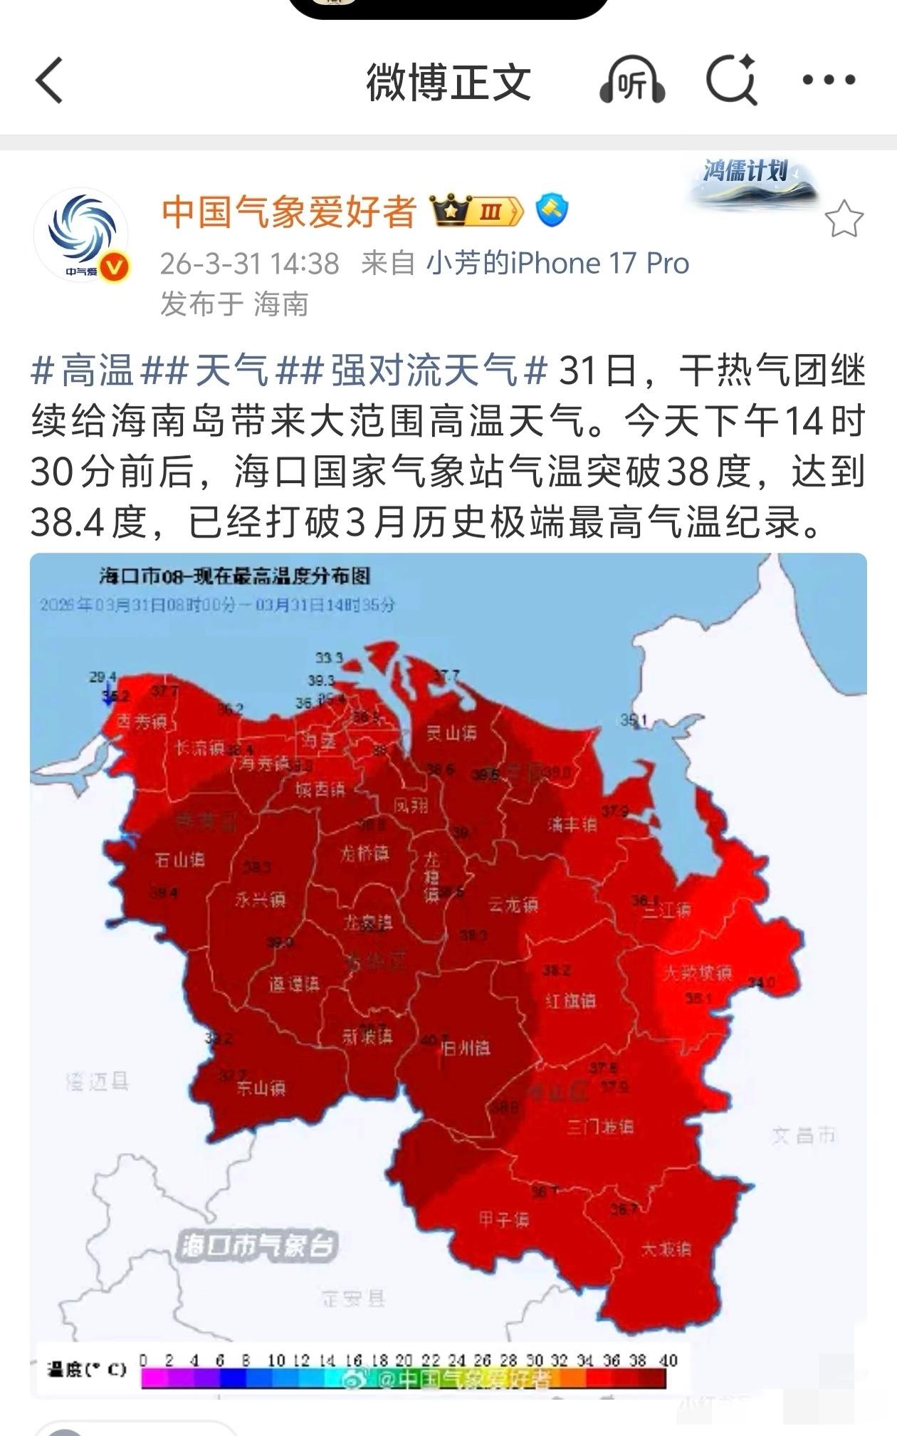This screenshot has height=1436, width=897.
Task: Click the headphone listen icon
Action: tap(632, 81)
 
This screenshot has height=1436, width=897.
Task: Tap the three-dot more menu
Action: tap(829, 80)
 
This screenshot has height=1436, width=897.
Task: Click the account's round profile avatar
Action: tap(81, 234)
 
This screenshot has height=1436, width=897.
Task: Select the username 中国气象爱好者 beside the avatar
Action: tap(288, 212)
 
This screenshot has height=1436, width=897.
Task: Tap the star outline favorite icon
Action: tap(844, 219)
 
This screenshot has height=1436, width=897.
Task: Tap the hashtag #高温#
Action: tap(83, 371)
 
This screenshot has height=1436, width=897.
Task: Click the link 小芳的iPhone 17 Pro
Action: tap(557, 264)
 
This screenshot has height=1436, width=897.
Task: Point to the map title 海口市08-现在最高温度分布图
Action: tap(235, 576)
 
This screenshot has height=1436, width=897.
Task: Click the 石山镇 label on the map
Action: tap(179, 860)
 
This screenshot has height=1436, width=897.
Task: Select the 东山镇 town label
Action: tap(261, 1088)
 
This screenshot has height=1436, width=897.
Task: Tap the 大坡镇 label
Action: tap(666, 1249)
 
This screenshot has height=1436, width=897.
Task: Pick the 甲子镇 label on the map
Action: tap(503, 1219)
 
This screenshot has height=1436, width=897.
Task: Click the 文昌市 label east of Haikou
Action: tap(803, 1135)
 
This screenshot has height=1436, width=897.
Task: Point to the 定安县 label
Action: tap(352, 1298)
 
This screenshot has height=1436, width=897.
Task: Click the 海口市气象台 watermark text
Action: tap(257, 1246)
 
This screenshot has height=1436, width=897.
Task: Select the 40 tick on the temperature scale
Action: tap(668, 1360)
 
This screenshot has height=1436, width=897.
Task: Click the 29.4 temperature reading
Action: tap(103, 677)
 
